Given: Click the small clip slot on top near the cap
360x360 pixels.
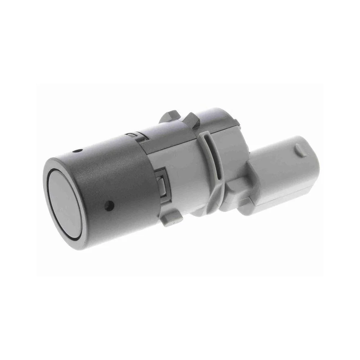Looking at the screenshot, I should click(132, 135).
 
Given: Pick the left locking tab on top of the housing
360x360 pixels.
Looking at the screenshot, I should click(168, 117).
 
